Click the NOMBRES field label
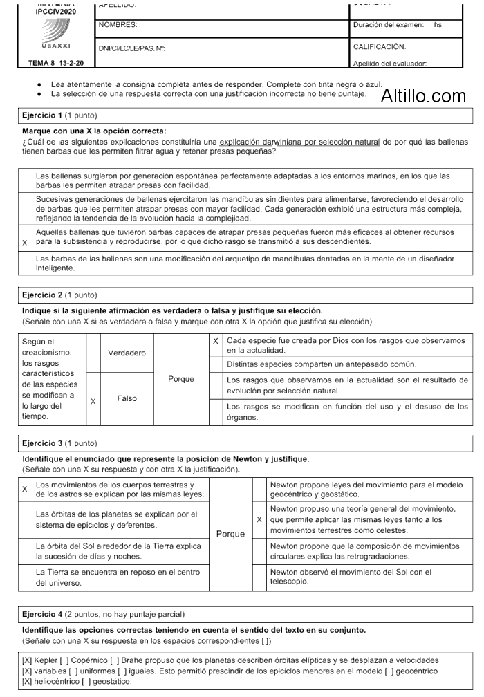[118, 25]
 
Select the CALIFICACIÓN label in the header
[380, 47]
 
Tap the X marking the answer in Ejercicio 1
[25, 243]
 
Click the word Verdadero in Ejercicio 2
[127, 353]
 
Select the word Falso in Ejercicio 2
[127, 398]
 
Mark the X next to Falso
[93, 401]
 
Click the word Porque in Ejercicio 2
[181, 379]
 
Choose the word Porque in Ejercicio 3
[230, 534]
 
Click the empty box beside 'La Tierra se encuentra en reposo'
[25, 577]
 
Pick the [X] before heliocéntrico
[27, 681]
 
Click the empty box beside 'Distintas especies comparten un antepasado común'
[216, 364]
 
